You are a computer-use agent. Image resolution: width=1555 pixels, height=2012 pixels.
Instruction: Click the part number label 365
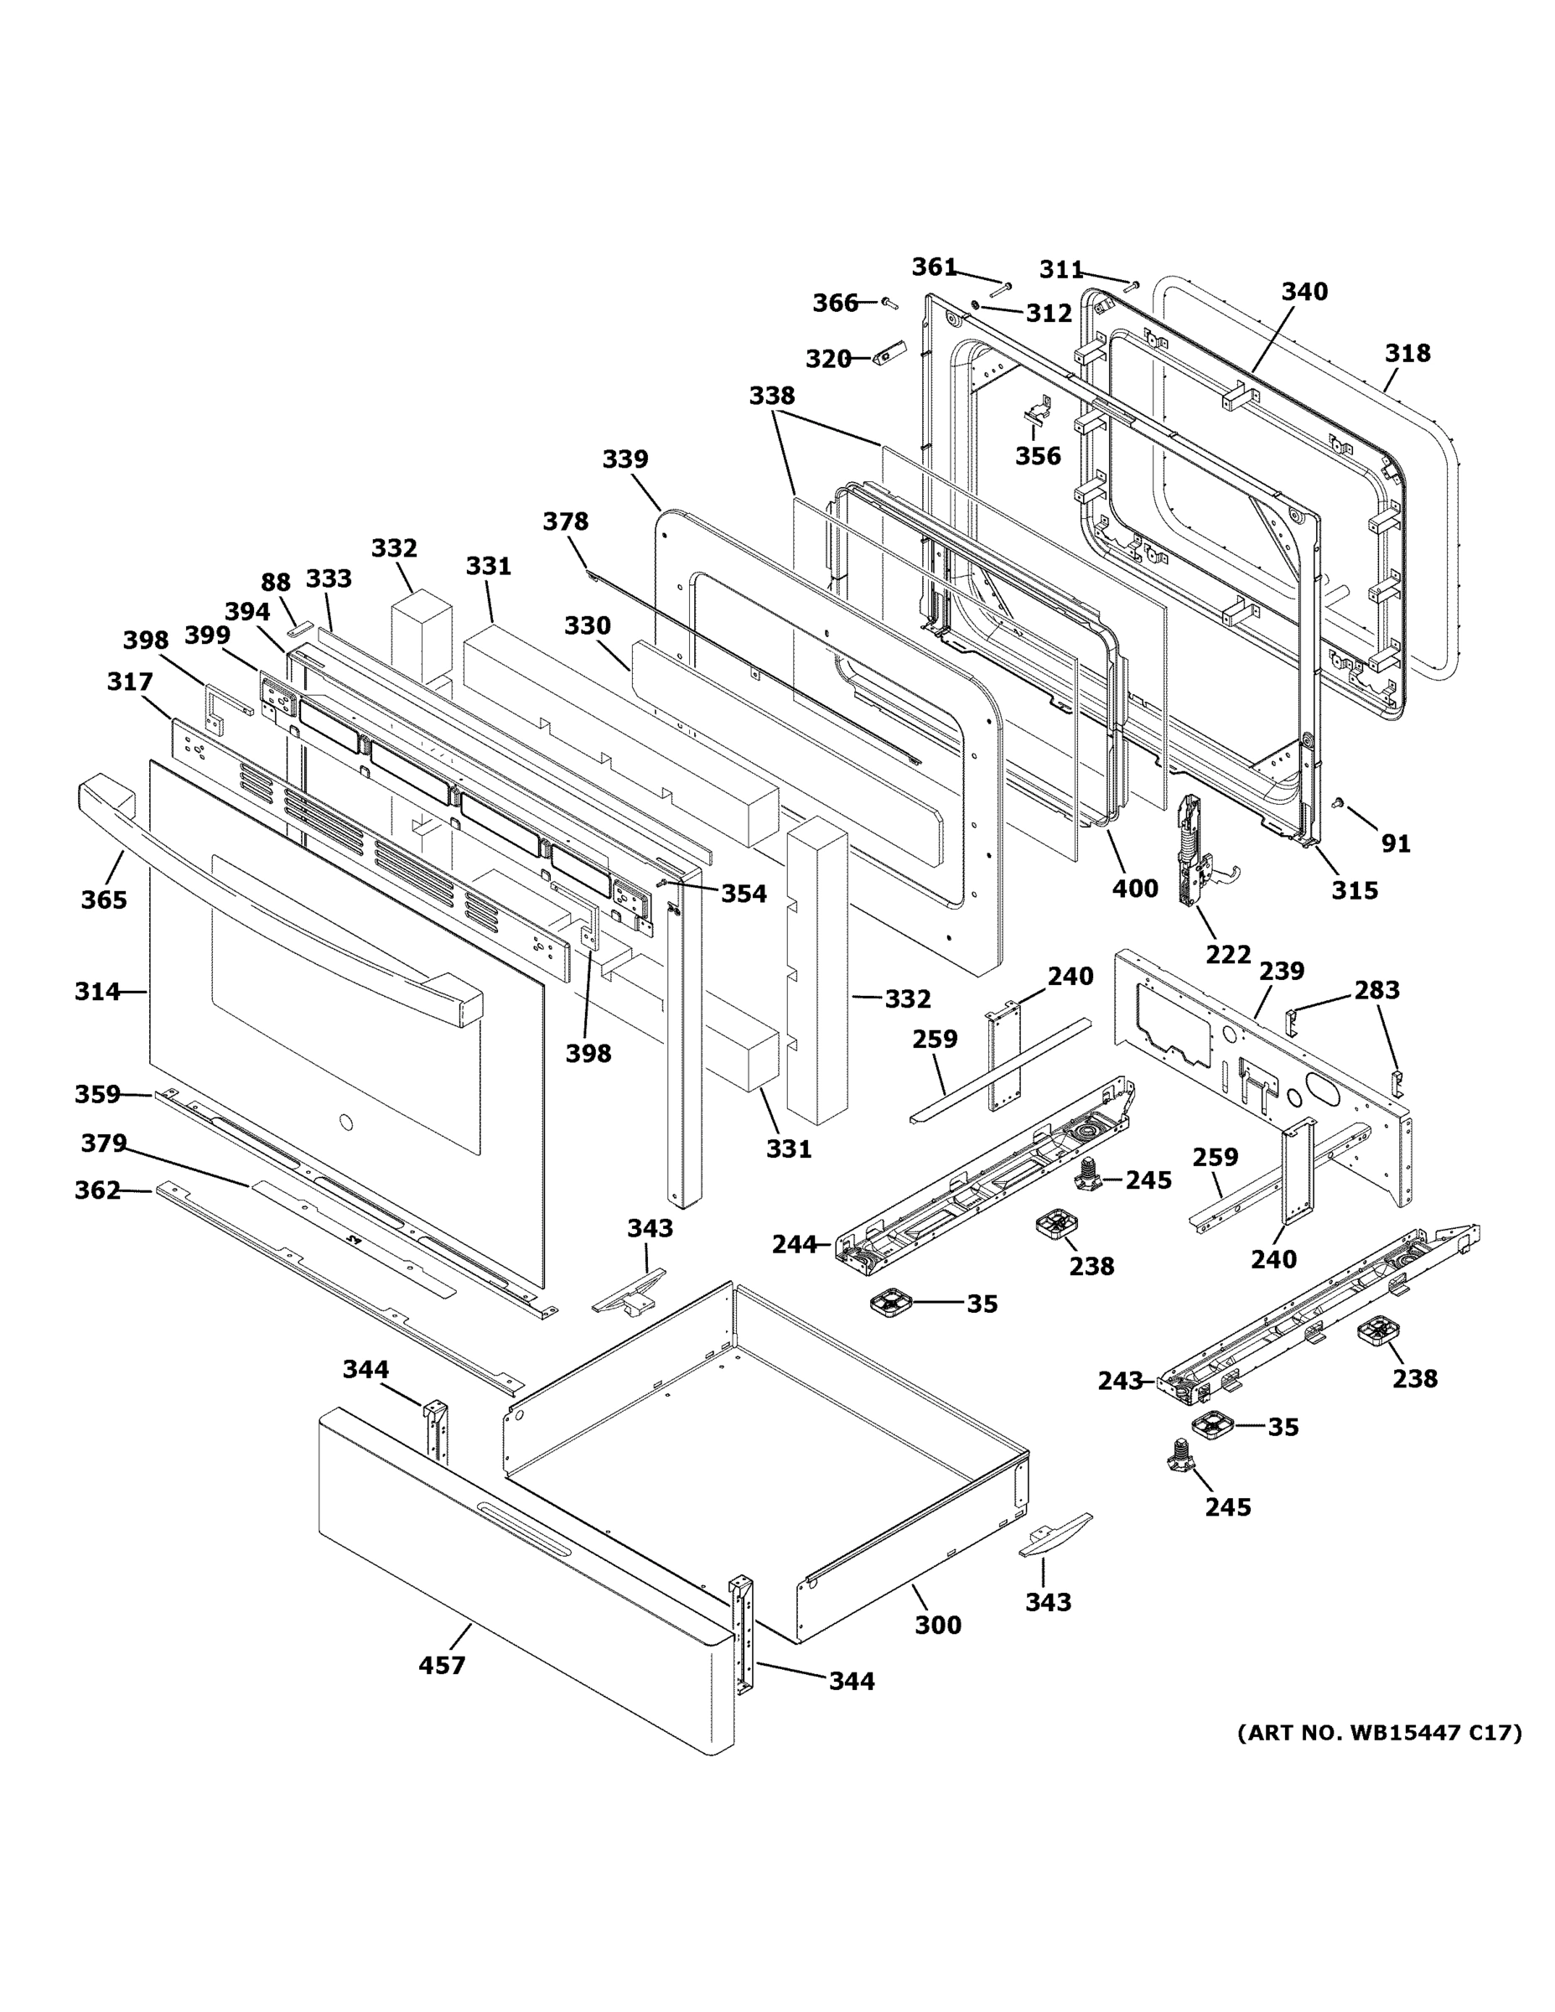[103, 900]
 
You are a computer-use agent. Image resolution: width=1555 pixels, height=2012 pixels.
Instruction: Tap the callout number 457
[441, 1665]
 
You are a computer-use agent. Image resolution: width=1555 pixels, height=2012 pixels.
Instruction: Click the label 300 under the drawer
[938, 1624]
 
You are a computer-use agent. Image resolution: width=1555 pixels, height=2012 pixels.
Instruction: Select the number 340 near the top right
[1304, 292]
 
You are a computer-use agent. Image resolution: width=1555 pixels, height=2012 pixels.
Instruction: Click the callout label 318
[1407, 353]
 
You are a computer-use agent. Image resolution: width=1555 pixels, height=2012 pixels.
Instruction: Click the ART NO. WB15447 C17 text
[1379, 1733]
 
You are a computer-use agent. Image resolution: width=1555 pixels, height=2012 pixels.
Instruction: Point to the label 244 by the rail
[794, 1245]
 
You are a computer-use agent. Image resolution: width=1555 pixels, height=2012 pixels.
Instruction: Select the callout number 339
[625, 459]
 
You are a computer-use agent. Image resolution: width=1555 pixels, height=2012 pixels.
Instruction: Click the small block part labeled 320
[890, 354]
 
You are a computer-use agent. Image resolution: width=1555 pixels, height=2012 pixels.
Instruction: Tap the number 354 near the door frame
[744, 893]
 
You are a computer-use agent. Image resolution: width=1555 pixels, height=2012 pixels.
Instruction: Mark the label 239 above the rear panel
[1282, 971]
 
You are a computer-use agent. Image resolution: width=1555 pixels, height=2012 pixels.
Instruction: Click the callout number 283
[1376, 989]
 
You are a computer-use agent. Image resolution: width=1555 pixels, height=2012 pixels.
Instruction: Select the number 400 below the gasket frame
[1135, 888]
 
